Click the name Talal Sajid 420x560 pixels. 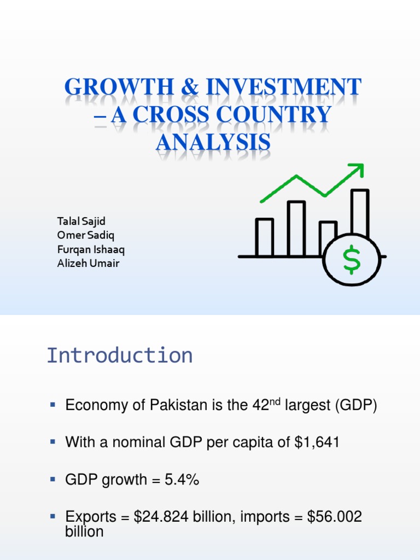click(x=81, y=221)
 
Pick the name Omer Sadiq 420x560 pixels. click(x=86, y=235)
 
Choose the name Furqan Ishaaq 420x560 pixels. click(x=91, y=249)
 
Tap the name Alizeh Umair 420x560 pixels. click(x=89, y=264)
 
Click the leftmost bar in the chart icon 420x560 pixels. click(x=264, y=237)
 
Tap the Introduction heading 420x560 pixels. click(x=119, y=355)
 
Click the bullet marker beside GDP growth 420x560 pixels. click(x=53, y=479)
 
